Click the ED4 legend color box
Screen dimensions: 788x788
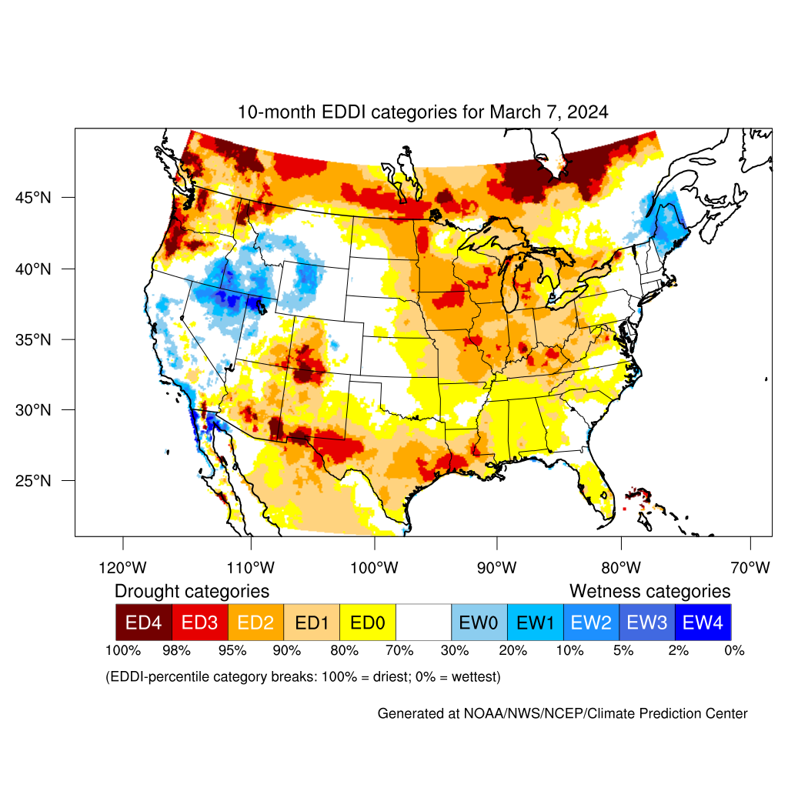pyautogui.click(x=144, y=622)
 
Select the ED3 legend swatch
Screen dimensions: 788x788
pyautogui.click(x=200, y=622)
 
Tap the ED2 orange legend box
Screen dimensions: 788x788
pyautogui.click(x=256, y=622)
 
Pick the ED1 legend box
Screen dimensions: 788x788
pyautogui.click(x=312, y=622)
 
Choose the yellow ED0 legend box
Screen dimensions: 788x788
pyautogui.click(x=368, y=622)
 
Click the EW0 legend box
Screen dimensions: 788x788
pyautogui.click(x=479, y=622)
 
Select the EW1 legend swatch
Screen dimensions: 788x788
pyautogui.click(x=535, y=622)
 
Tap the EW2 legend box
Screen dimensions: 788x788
pyautogui.click(x=591, y=622)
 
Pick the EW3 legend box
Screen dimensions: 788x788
pyautogui.click(x=646, y=622)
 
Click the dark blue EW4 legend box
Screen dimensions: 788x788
pyautogui.click(x=703, y=622)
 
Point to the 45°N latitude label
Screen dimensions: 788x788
pyautogui.click(x=35, y=198)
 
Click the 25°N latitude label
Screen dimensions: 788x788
pyautogui.click(x=35, y=481)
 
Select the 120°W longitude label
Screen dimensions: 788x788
pyautogui.click(x=123, y=569)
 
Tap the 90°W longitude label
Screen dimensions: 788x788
pyautogui.click(x=496, y=569)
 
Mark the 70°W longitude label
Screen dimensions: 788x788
pyautogui.click(x=750, y=569)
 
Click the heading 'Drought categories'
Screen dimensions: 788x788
pyautogui.click(x=192, y=591)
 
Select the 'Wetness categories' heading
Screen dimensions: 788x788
pyautogui.click(x=649, y=591)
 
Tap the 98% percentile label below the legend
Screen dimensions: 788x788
pyautogui.click(x=176, y=651)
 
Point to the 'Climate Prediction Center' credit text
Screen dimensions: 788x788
pyautogui.click(x=676, y=714)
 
